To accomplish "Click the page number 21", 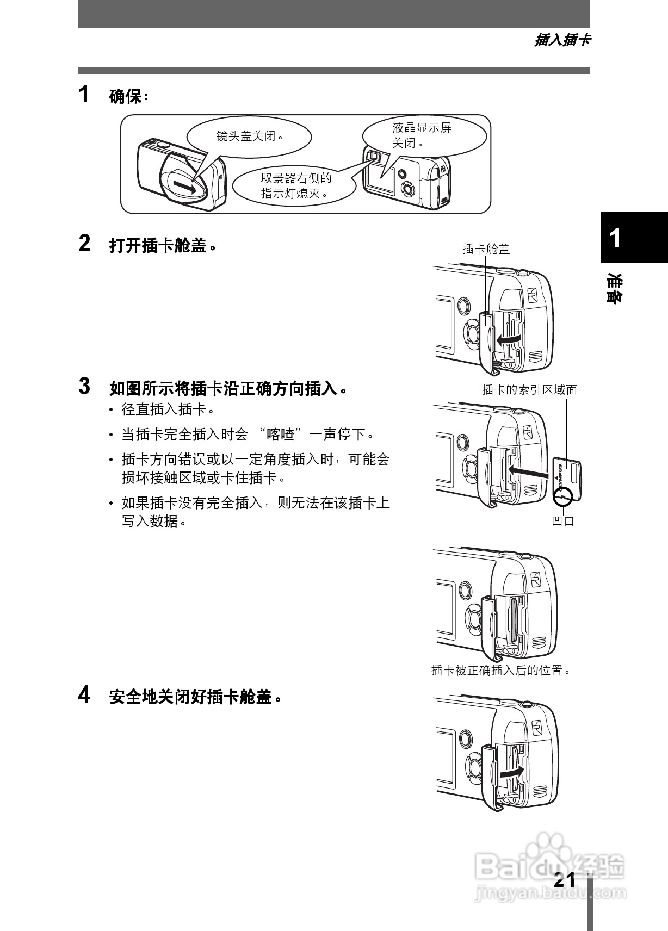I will click(x=564, y=880).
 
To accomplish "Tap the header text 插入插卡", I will click(x=562, y=40).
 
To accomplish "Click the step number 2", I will click(x=84, y=244).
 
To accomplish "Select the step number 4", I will click(x=84, y=694).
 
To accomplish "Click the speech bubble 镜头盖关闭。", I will click(x=249, y=136).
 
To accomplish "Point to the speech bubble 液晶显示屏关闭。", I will click(x=422, y=135).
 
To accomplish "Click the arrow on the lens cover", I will click(x=185, y=187).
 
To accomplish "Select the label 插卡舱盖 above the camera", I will click(x=486, y=249).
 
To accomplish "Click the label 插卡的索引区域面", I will click(x=529, y=389).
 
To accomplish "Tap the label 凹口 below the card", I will click(x=563, y=521).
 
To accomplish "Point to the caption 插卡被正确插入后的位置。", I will click(x=502, y=671).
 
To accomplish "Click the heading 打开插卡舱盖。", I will click(x=163, y=246).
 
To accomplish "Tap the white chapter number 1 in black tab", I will click(x=615, y=238).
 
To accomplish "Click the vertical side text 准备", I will click(x=615, y=288).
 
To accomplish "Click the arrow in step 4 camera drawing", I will click(x=512, y=772).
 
